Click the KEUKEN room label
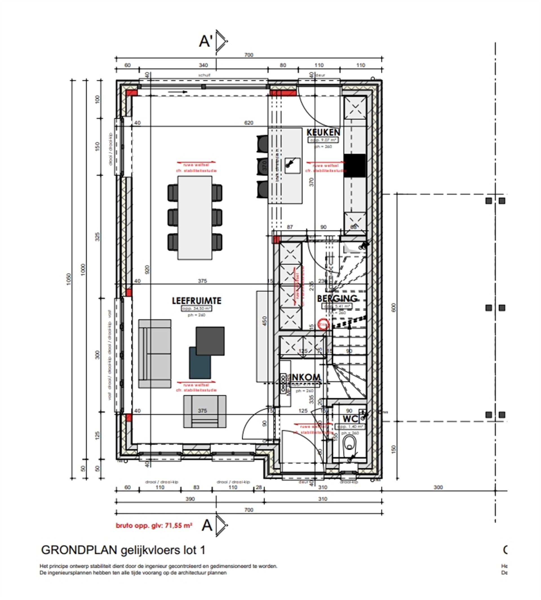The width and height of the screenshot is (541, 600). (x=323, y=132)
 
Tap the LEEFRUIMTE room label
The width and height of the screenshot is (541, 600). (x=196, y=301)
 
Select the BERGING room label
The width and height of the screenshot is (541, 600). (x=337, y=298)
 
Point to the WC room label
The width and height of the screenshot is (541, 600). (x=350, y=419)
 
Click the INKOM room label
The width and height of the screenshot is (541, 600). (x=306, y=377)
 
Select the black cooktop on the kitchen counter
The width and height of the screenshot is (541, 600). (x=355, y=165)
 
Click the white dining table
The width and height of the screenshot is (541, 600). (x=195, y=218)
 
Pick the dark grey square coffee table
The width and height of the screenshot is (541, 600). (x=210, y=341)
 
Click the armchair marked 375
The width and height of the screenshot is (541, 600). (x=205, y=411)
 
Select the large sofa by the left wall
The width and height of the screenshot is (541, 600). (x=155, y=353)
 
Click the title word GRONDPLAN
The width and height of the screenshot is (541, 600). (x=79, y=550)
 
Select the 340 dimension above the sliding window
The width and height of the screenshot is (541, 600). (x=203, y=65)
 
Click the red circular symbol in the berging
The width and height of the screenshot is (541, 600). (x=323, y=324)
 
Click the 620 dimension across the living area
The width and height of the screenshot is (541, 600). (x=249, y=123)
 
